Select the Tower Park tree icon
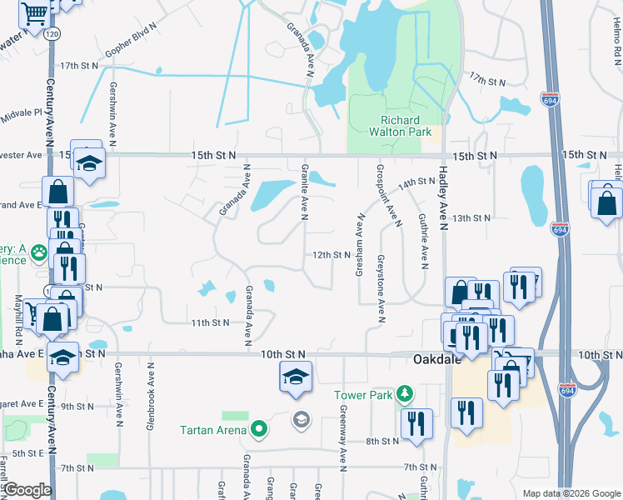point(404,392)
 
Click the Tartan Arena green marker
point(260,430)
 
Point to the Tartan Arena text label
point(213,430)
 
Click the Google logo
point(27,490)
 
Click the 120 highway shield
point(52,33)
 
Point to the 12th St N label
point(329,255)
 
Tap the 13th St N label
point(471,218)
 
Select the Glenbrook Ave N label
point(151,397)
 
